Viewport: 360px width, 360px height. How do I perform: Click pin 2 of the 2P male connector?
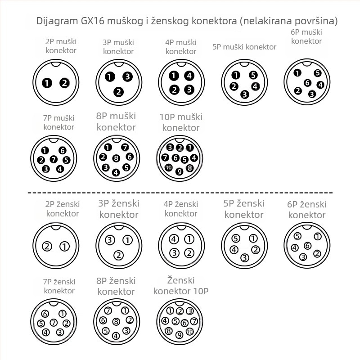(64, 83)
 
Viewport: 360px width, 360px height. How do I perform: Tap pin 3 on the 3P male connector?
(127, 76)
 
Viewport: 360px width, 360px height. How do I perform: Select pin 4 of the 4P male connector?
(189, 76)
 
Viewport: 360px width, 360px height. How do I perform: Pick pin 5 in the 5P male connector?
(253, 75)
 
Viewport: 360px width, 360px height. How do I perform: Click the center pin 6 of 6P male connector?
(307, 83)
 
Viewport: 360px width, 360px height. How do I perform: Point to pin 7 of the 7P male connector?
(54, 159)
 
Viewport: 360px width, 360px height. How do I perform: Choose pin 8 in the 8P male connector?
(116, 158)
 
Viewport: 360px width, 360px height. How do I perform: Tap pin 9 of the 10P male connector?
(179, 171)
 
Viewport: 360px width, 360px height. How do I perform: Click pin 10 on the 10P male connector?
(169, 167)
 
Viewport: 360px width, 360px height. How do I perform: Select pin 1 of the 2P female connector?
(64, 246)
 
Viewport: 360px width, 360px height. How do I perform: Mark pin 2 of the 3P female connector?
(119, 255)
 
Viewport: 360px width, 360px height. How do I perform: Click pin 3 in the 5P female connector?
(245, 257)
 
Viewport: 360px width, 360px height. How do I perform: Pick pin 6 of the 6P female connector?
(307, 246)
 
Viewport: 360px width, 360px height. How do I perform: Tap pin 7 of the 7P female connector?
(54, 323)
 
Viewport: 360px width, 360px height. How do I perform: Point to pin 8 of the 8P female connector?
(116, 322)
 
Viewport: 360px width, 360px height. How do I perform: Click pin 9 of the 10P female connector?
(179, 335)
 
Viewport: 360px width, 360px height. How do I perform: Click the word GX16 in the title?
(93, 21)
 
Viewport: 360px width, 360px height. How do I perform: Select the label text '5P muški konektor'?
(244, 47)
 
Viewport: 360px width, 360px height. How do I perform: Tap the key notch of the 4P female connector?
(181, 227)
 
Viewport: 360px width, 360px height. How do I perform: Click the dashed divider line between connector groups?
(180, 193)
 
